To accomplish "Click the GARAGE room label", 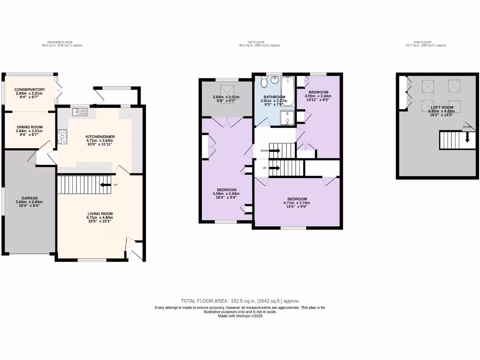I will [30, 198].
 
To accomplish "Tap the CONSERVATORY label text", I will [30, 90].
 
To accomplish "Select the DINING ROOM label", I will [30, 127].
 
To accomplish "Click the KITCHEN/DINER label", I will [100, 136].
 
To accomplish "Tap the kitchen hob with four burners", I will [63, 136].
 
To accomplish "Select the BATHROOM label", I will [274, 97].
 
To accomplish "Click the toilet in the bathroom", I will [264, 82].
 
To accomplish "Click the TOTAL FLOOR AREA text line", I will [240, 301].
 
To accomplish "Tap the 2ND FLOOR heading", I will [426, 43].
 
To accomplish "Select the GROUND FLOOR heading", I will [62, 43].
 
